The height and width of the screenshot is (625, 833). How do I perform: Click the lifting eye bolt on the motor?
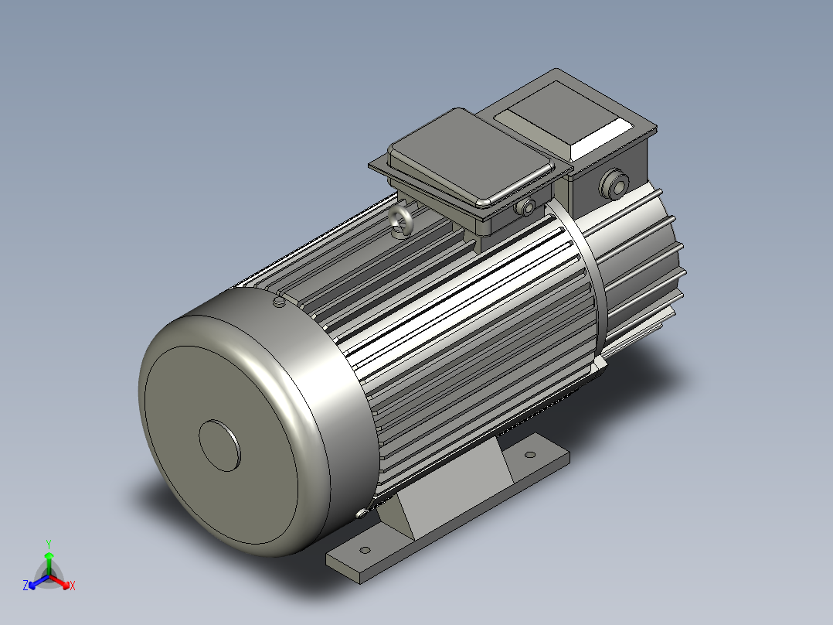(402, 221)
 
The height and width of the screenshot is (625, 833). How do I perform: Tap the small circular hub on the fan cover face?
(220, 445)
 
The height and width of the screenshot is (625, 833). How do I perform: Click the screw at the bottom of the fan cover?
(361, 513)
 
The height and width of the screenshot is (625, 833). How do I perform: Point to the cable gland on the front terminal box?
(529, 207)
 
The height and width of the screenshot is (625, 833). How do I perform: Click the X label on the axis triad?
(73, 586)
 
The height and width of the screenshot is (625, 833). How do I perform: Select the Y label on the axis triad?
(48, 544)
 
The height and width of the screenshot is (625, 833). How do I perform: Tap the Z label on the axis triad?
(25, 586)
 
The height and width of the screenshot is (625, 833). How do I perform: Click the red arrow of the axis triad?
(62, 581)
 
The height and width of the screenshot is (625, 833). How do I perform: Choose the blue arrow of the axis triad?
(36, 581)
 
